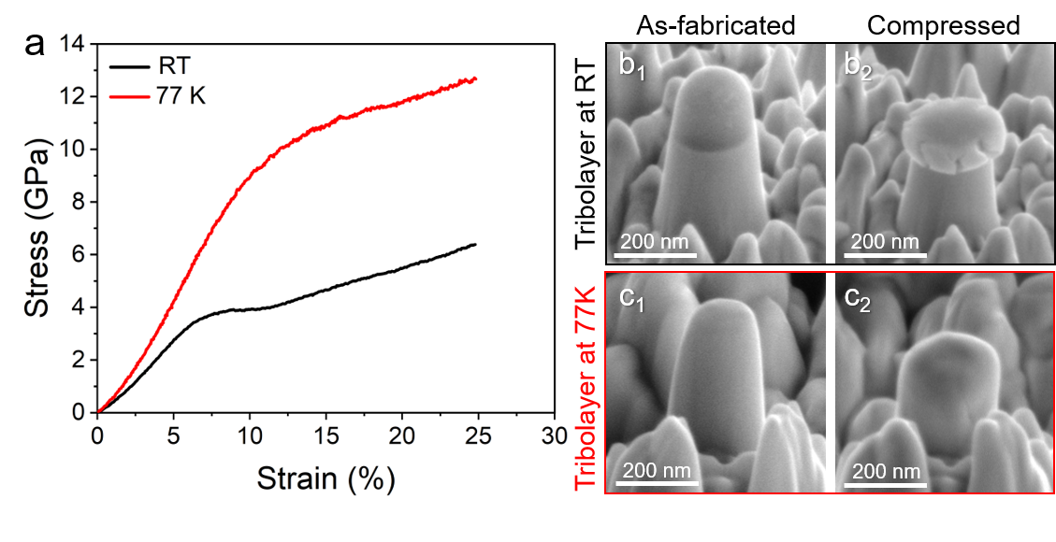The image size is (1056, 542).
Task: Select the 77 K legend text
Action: pyautogui.click(x=181, y=94)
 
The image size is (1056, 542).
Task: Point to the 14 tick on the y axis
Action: pyautogui.click(x=72, y=44)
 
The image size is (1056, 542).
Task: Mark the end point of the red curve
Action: pyautogui.click(x=476, y=79)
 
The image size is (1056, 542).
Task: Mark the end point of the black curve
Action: pyautogui.click(x=475, y=245)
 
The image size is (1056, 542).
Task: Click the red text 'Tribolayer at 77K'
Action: pyautogui.click(x=586, y=388)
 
